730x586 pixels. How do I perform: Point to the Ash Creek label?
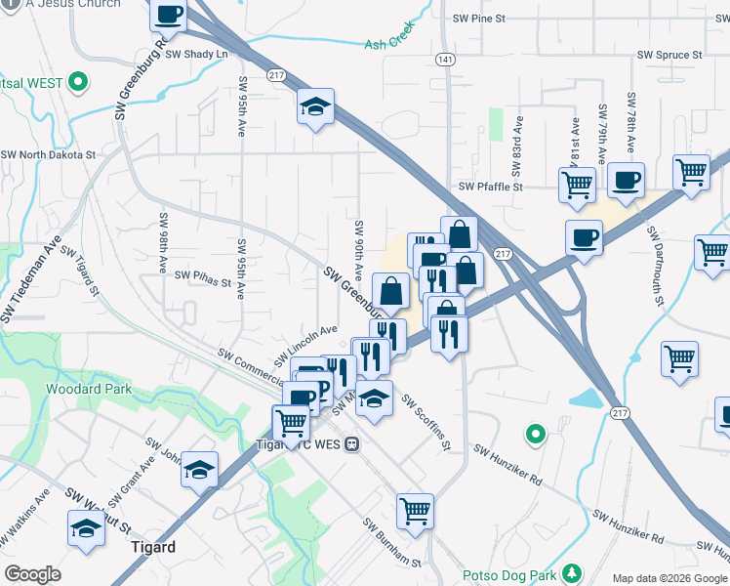point(388,44)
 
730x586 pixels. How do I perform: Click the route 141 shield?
point(446,61)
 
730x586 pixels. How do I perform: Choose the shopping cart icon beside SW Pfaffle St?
point(577,183)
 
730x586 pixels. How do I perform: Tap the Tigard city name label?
point(152,547)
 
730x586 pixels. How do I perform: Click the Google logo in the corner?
point(32,574)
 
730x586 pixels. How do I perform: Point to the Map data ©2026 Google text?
point(669,578)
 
